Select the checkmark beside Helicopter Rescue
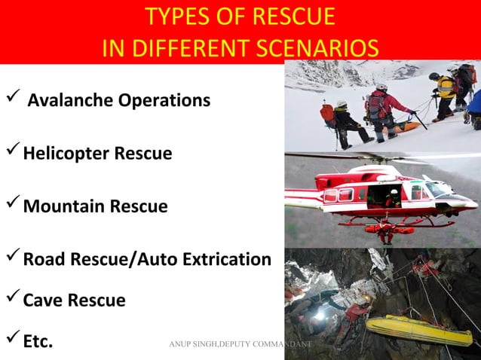(x=12, y=153)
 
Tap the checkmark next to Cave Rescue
(x=12, y=299)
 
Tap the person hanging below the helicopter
(x=385, y=230)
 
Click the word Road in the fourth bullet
(x=47, y=260)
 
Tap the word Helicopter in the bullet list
(x=69, y=154)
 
